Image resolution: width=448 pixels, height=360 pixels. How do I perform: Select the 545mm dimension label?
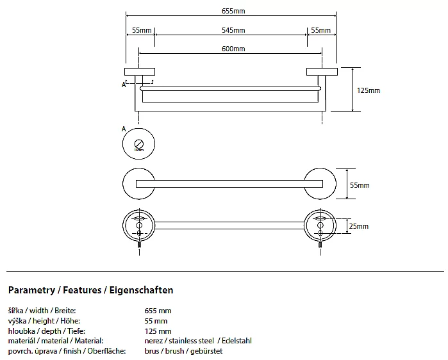(x=233, y=30)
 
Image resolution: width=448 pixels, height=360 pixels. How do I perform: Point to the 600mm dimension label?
(x=233, y=49)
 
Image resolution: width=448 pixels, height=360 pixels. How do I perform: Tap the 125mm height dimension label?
(x=369, y=90)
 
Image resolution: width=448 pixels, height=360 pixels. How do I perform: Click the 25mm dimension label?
(x=359, y=226)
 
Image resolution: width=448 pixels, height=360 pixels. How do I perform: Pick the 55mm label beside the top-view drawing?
(x=360, y=185)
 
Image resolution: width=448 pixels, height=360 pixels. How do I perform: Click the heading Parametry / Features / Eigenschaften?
(x=90, y=290)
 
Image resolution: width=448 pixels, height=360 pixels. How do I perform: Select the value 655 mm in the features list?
(x=158, y=311)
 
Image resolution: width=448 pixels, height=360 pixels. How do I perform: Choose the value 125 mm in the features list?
(x=158, y=331)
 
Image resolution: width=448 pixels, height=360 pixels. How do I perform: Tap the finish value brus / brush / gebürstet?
(x=183, y=351)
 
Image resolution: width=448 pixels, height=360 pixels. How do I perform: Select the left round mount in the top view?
(x=139, y=184)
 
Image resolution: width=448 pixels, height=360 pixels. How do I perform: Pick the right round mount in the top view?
(x=322, y=184)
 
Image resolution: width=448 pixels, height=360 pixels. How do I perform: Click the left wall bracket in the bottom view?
(x=139, y=225)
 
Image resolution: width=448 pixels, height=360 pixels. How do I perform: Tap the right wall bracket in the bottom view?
(x=321, y=225)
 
